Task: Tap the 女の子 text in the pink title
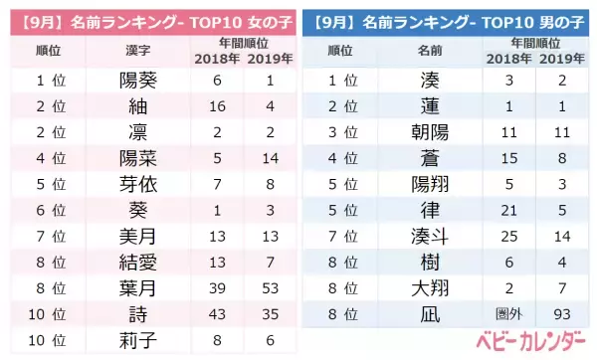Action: [261, 17]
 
